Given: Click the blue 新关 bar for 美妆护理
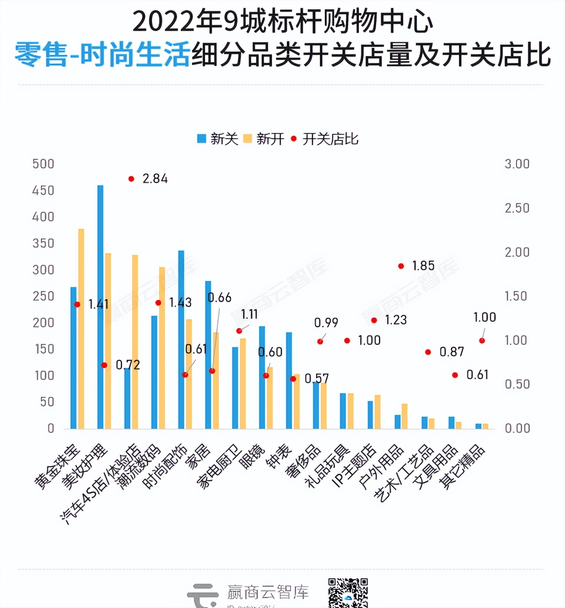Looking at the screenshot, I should [100, 307].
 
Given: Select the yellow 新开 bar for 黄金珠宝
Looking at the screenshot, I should [81, 328].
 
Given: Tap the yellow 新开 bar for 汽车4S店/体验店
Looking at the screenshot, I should [135, 341].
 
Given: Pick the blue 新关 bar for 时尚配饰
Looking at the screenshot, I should [181, 339].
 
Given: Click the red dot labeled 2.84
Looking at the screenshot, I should [131, 179].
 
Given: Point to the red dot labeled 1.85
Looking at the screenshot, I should [401, 266].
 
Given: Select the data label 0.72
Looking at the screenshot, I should [128, 365].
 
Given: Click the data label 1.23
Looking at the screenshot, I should [395, 320].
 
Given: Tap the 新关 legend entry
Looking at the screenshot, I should [217, 139].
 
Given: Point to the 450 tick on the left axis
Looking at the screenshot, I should [43, 190].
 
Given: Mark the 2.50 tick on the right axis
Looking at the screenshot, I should [517, 208].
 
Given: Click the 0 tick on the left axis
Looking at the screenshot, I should [51, 428].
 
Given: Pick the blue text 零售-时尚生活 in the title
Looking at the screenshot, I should [103, 55].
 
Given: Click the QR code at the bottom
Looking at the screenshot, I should [348, 593].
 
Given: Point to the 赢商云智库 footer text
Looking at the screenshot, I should [268, 592].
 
